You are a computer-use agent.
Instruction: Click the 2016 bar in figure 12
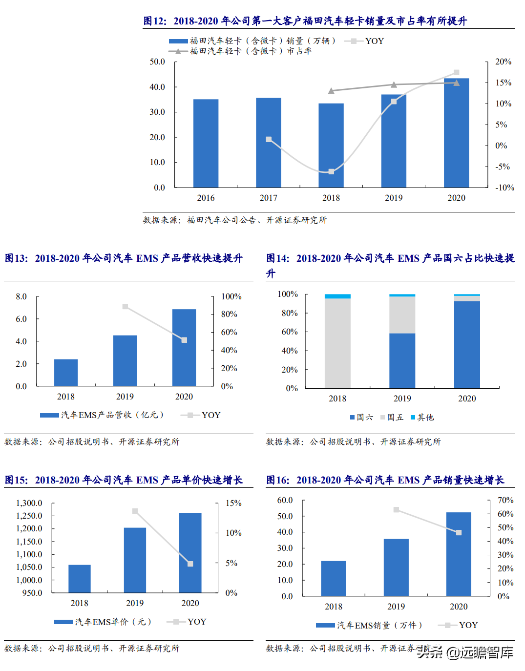206,143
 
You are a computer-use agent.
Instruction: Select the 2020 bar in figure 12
456,133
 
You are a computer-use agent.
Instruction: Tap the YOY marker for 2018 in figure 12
331,171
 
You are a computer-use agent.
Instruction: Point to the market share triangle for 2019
394,85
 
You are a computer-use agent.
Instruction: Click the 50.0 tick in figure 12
157,62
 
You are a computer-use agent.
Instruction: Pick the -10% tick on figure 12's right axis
504,188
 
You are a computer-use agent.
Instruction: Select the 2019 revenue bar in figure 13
125,360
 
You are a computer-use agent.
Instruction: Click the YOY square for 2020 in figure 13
184,340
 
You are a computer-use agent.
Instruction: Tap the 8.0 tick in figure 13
21,296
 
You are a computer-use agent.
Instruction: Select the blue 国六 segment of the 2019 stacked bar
402,360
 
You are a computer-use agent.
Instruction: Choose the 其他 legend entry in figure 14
422,417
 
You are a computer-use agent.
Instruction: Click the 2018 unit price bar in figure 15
80,579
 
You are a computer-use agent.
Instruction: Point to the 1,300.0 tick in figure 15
29,503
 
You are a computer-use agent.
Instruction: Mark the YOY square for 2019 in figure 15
135,511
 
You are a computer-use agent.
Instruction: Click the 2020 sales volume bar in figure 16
459,554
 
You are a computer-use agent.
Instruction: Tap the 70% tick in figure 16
505,500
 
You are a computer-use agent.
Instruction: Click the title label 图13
16,258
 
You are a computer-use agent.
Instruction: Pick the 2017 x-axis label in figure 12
268,198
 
